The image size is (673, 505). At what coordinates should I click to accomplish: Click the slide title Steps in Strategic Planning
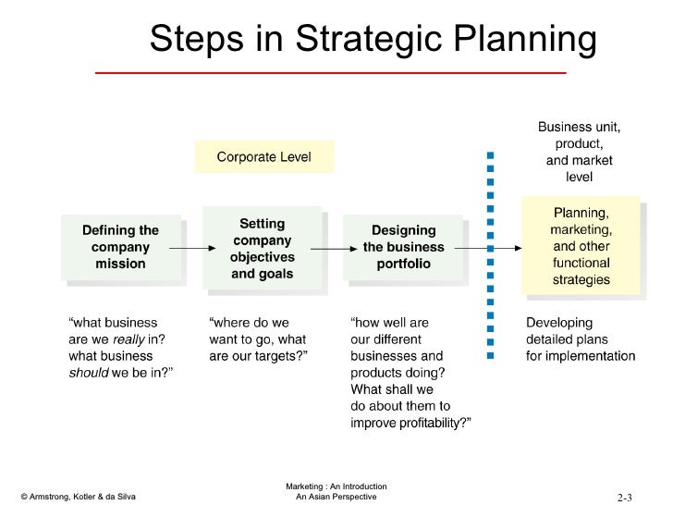[374, 39]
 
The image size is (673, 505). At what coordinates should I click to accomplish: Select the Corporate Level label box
[263, 157]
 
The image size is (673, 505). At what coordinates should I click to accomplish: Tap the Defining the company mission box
[121, 247]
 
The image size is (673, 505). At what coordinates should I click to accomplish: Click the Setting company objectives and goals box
[262, 249]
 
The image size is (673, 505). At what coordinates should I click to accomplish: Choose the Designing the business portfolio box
[403, 247]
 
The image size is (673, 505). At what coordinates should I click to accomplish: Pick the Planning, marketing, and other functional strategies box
[581, 246]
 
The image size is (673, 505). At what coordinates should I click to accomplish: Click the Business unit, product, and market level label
[580, 152]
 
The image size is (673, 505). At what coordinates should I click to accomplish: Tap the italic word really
[129, 339]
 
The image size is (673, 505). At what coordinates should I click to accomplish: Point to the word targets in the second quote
[282, 356]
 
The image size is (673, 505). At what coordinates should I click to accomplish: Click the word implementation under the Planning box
[592, 356]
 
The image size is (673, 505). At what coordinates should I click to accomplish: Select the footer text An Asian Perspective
[336, 497]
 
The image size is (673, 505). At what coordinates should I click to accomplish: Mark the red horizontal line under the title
[330, 72]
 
